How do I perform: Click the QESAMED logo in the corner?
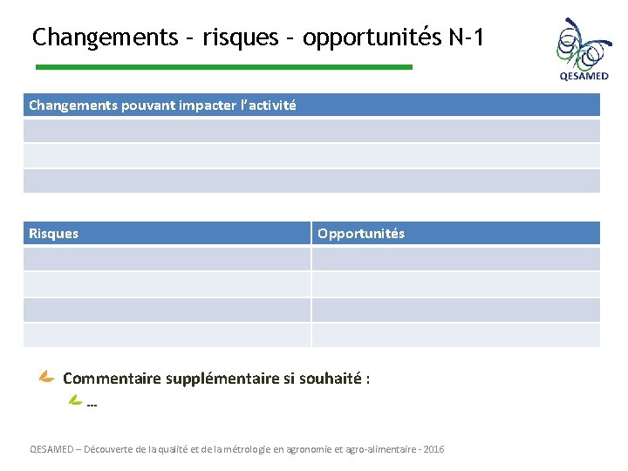[x=584, y=50]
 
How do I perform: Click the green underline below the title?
[x=223, y=67]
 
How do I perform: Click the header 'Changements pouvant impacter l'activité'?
[x=162, y=106]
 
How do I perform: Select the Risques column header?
[x=54, y=234]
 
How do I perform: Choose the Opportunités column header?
[x=361, y=234]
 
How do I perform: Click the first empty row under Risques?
[x=167, y=259]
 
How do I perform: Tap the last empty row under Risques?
[x=167, y=335]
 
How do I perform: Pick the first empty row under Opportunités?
[x=455, y=259]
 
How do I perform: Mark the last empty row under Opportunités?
[x=455, y=335]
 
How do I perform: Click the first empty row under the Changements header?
[x=311, y=131]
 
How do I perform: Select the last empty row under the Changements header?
[x=311, y=181]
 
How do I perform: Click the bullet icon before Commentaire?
[x=47, y=378]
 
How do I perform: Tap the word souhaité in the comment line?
[x=330, y=379]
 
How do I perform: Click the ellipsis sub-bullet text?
[x=92, y=404]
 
